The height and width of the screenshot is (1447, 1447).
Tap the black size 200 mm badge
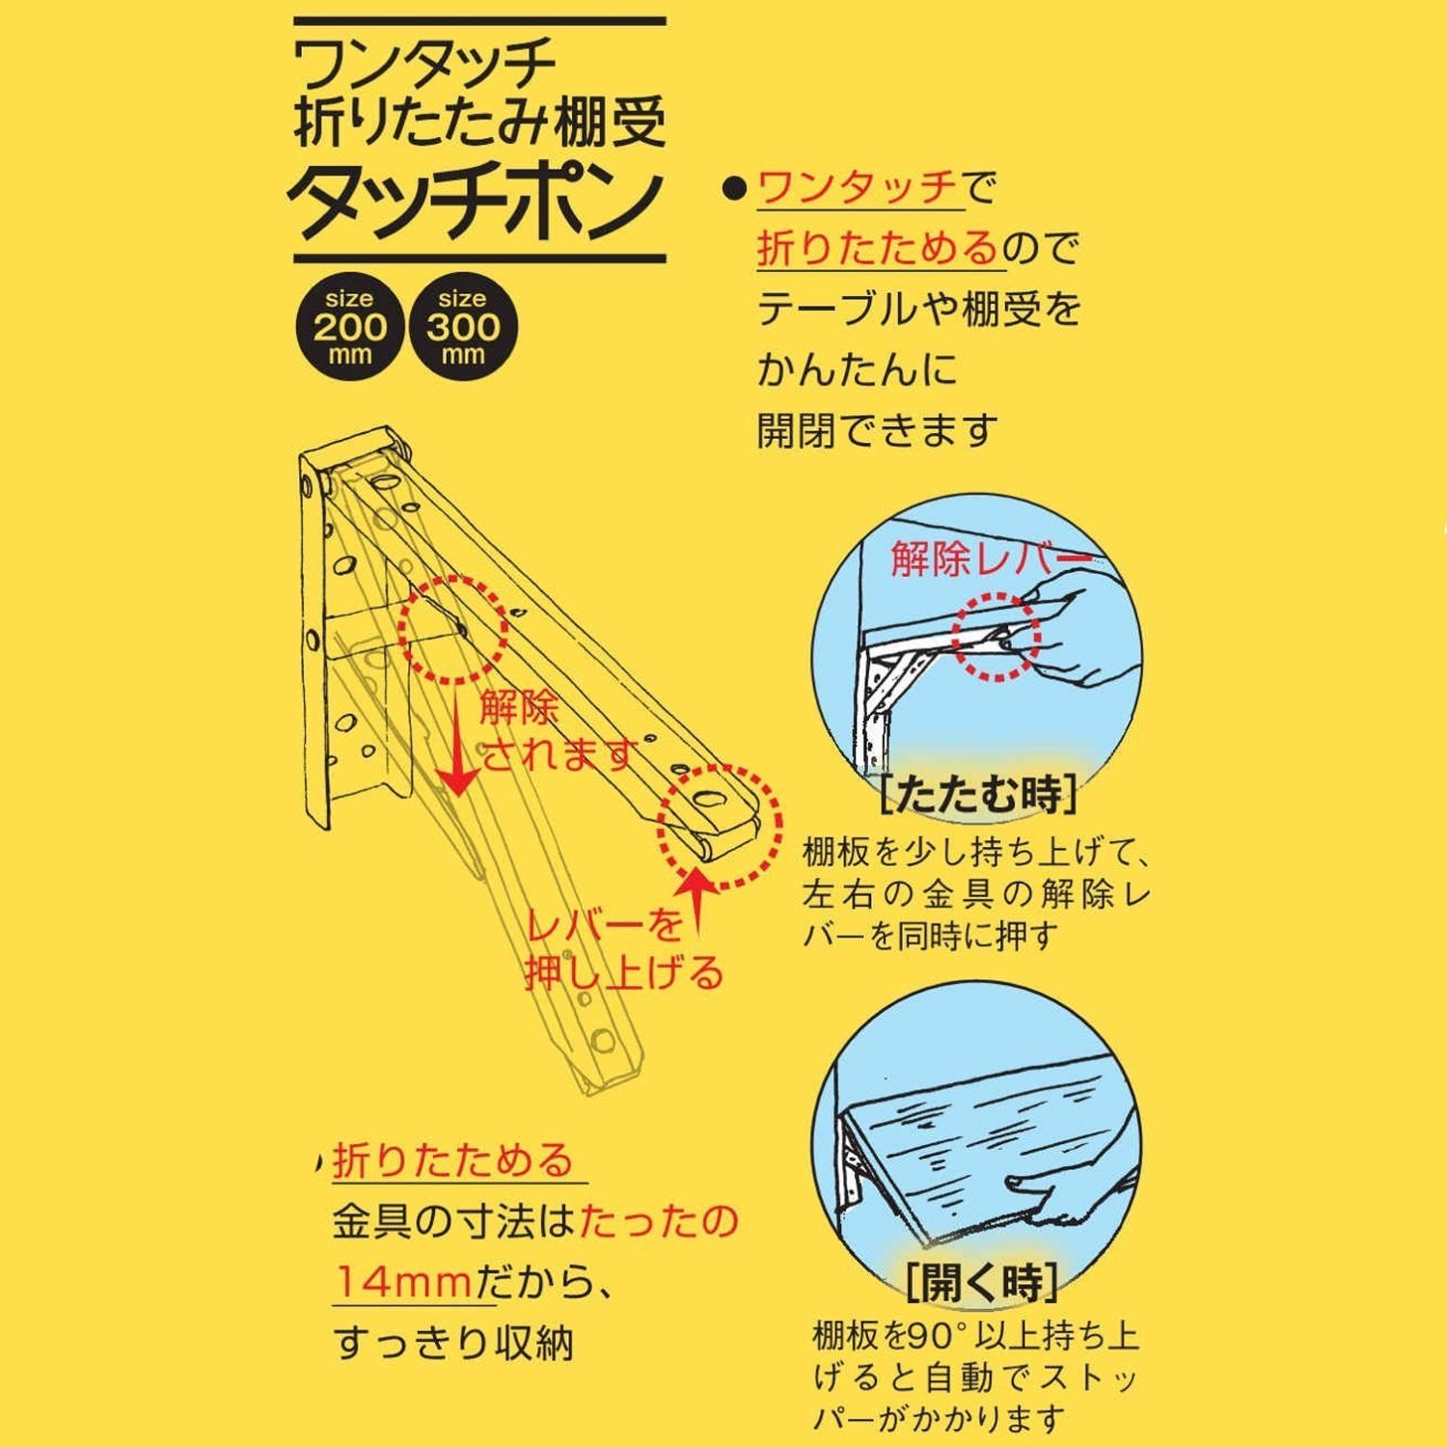[350, 326]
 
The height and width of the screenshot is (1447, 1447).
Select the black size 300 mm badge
[463, 326]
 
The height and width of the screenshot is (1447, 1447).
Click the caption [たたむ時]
[980, 795]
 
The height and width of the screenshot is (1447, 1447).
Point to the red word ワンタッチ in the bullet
[859, 187]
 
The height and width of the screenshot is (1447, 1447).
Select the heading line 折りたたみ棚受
[479, 126]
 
